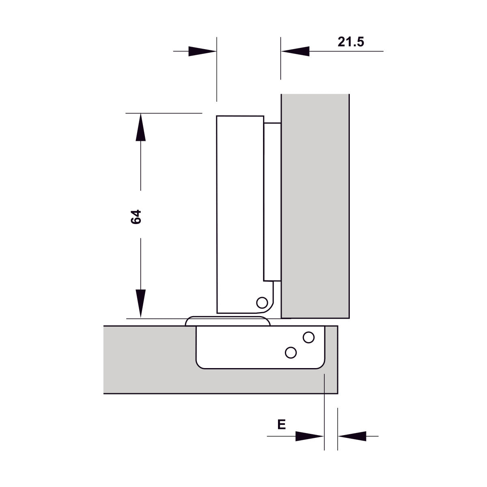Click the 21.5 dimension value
click(x=351, y=42)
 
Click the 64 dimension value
click(x=136, y=217)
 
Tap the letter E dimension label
click(x=282, y=425)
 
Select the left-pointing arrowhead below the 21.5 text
click(x=295, y=51)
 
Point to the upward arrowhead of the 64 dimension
click(x=140, y=127)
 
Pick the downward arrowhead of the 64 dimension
click(x=140, y=303)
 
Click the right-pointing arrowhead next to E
click(x=310, y=436)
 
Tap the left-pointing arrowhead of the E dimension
click(x=352, y=436)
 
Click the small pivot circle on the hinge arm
click(x=262, y=302)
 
